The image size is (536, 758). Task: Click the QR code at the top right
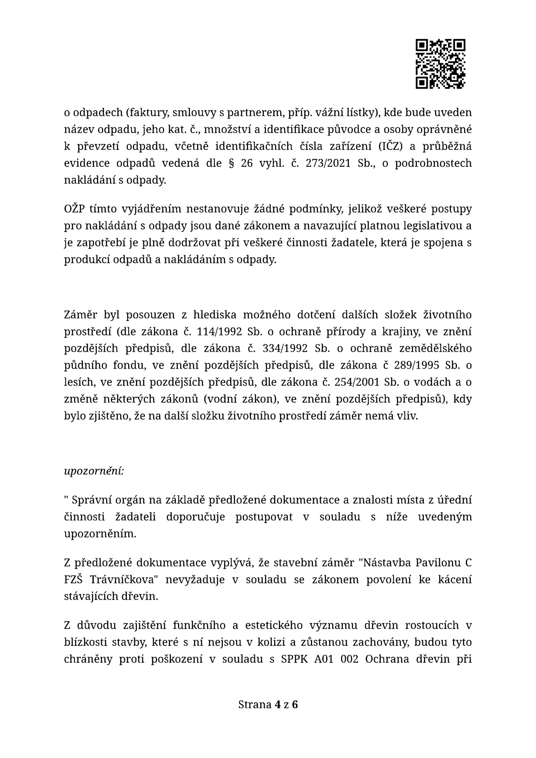pos(440,64)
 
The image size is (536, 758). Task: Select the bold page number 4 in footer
pos(277,705)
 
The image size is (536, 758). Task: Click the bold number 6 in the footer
pos(295,705)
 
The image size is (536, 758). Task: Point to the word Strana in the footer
pos(255,705)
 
